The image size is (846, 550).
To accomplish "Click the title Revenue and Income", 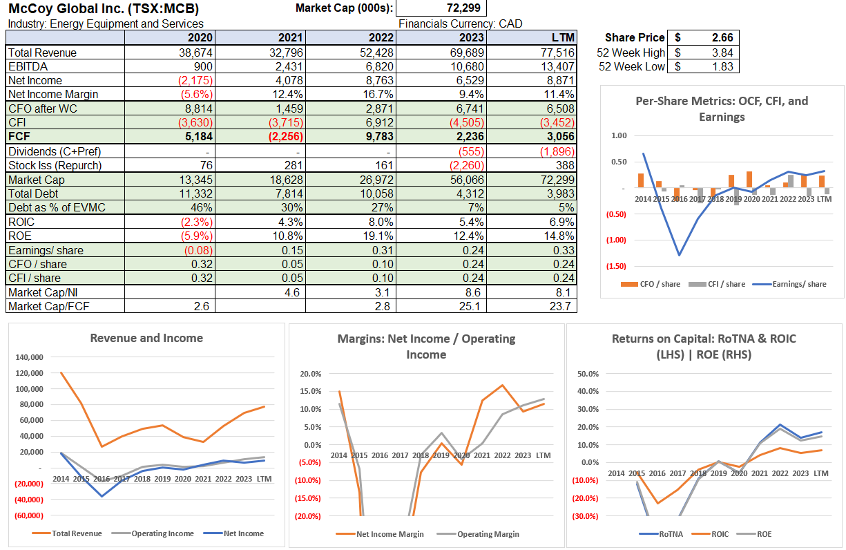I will [x=146, y=338].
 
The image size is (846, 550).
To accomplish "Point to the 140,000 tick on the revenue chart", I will [x=29, y=357].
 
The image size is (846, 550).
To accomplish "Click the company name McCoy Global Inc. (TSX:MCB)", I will [x=104, y=8].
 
